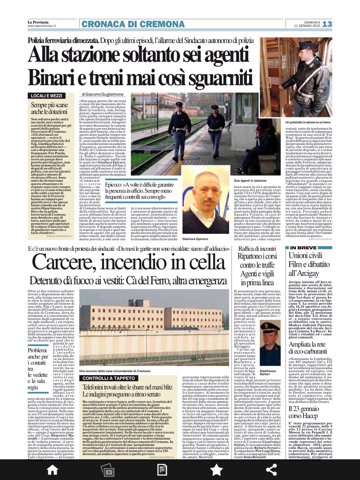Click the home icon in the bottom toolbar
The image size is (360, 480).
click(52, 469)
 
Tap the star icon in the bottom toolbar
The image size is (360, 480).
click(216, 469)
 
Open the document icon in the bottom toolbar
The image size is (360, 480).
click(162, 469)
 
